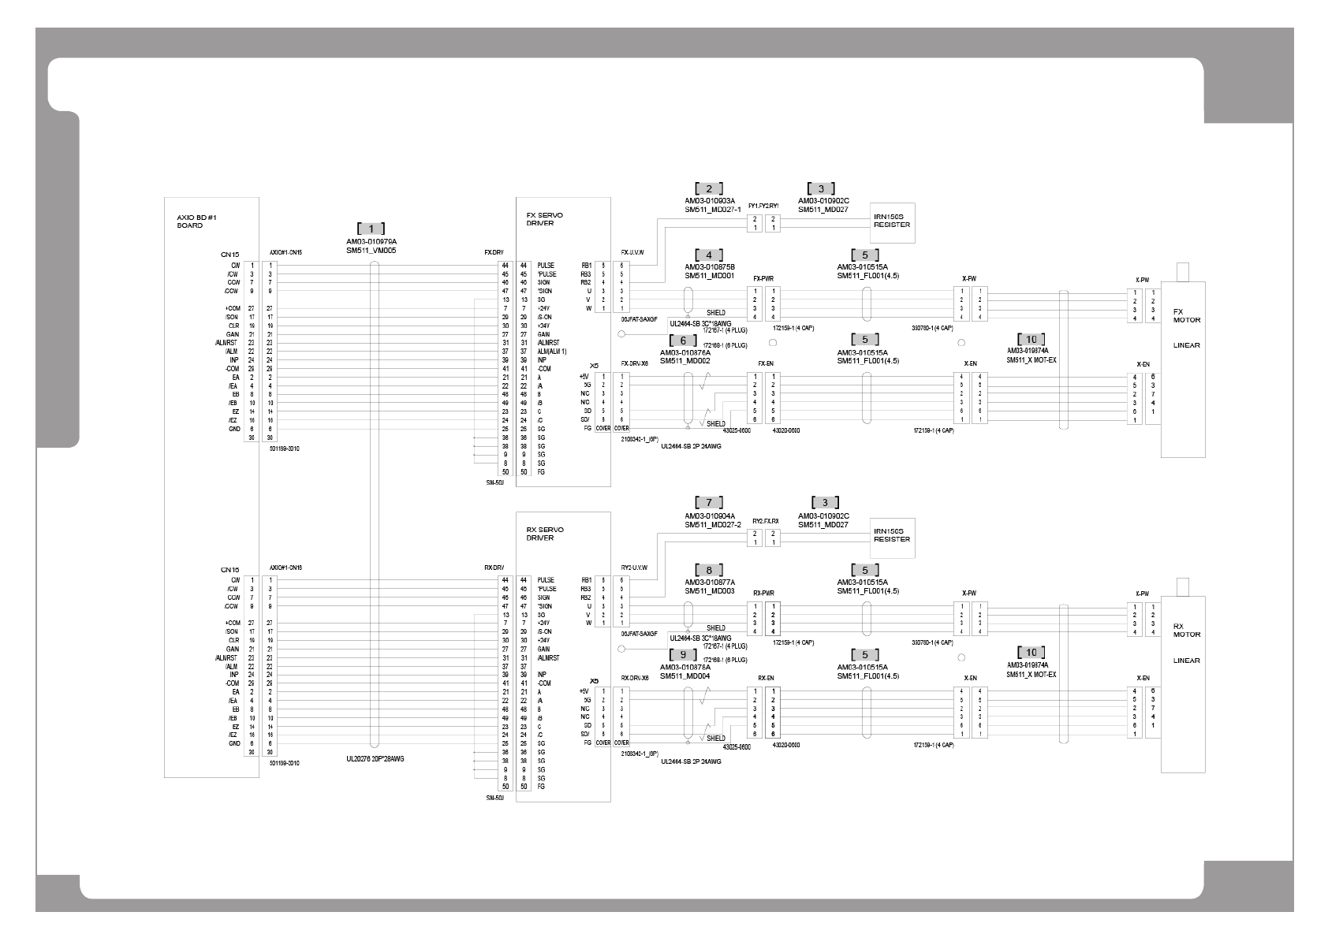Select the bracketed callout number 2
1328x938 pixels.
pos(709,188)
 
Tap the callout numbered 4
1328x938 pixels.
pos(709,255)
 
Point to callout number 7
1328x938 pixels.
pos(709,503)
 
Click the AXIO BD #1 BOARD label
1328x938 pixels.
pos(190,221)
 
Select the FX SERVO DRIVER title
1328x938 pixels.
pos(544,218)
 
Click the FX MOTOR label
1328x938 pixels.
pos(1187,315)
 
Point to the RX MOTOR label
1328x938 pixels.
pos(1187,630)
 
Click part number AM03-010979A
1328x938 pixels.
pos(371,242)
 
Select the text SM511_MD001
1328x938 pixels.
pos(709,276)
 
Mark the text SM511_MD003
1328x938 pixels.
pos(709,591)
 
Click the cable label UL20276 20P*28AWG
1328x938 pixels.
pos(381,759)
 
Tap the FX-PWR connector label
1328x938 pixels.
pos(763,279)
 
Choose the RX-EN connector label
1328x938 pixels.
pos(766,678)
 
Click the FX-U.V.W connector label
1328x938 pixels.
pos(632,253)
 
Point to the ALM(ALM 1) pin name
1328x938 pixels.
pos(552,352)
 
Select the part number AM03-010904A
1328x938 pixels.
pos(709,516)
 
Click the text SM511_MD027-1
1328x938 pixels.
pos(712,210)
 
